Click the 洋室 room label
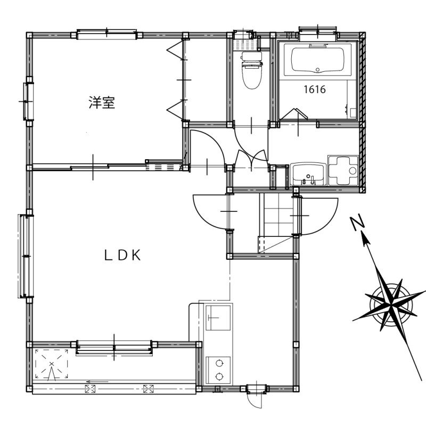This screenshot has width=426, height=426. click(102, 102)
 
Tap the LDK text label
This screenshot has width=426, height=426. click(123, 256)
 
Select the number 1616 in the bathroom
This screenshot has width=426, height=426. click(314, 89)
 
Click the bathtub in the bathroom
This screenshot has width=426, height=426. click(317, 60)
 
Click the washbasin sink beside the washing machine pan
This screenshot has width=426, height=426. click(308, 174)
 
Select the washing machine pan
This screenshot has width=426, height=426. click(343, 170)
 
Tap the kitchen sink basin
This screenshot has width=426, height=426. click(218, 317)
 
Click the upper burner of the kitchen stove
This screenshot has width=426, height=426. click(219, 363)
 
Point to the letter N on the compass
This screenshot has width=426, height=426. click(357, 223)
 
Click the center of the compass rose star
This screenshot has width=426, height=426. click(391, 305)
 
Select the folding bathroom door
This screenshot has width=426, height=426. click(294, 114)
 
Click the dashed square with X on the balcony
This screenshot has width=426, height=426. click(51, 364)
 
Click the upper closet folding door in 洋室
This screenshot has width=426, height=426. click(176, 50)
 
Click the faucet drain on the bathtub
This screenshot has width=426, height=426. click(317, 70)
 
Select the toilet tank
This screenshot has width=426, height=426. click(251, 57)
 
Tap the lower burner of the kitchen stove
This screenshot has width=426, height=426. click(219, 376)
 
